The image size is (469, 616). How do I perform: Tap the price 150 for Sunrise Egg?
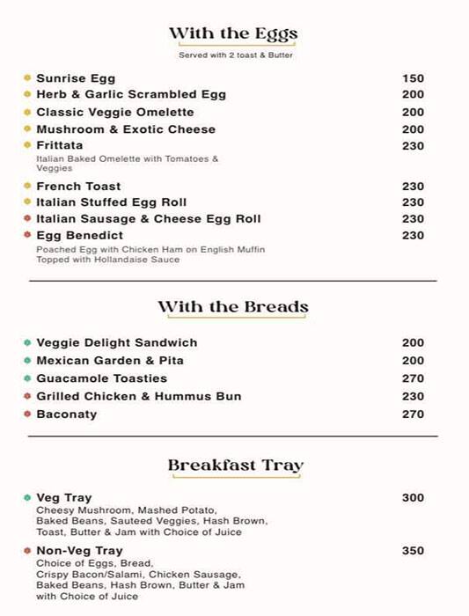413,78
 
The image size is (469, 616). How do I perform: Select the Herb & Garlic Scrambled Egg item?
131,95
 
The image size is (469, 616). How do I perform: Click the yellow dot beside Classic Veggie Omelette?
27,112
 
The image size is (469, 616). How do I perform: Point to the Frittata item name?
60,145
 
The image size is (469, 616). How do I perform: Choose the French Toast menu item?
78,187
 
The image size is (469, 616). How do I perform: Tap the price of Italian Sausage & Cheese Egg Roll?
413,219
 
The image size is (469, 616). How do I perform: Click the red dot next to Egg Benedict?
27,235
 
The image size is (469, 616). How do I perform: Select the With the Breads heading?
233,308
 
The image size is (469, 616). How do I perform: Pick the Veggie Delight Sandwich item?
116,343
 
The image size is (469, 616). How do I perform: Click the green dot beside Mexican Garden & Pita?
27,361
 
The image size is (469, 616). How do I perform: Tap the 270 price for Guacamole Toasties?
413,378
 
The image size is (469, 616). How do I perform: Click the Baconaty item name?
67,414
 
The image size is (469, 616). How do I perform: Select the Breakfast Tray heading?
235,466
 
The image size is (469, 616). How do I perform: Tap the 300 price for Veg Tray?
413,498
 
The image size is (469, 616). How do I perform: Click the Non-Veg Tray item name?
79,551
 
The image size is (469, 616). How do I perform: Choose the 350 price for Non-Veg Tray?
413,551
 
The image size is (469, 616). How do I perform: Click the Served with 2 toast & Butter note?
235,55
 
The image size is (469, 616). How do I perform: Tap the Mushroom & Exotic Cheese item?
126,129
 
